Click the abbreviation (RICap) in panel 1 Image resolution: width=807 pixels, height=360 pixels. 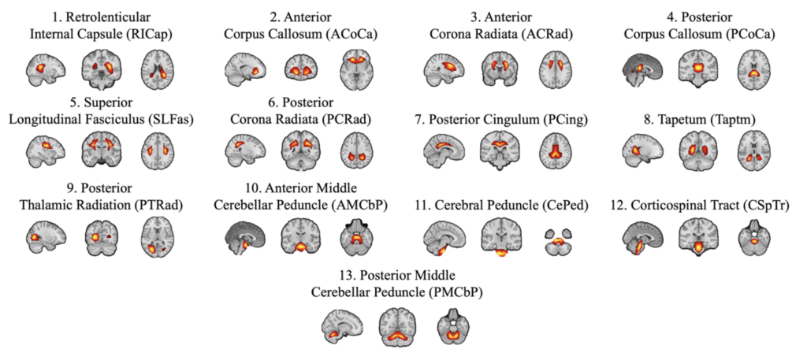153,34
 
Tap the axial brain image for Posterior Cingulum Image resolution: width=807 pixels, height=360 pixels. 556,148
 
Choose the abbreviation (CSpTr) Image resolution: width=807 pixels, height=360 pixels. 766,205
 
